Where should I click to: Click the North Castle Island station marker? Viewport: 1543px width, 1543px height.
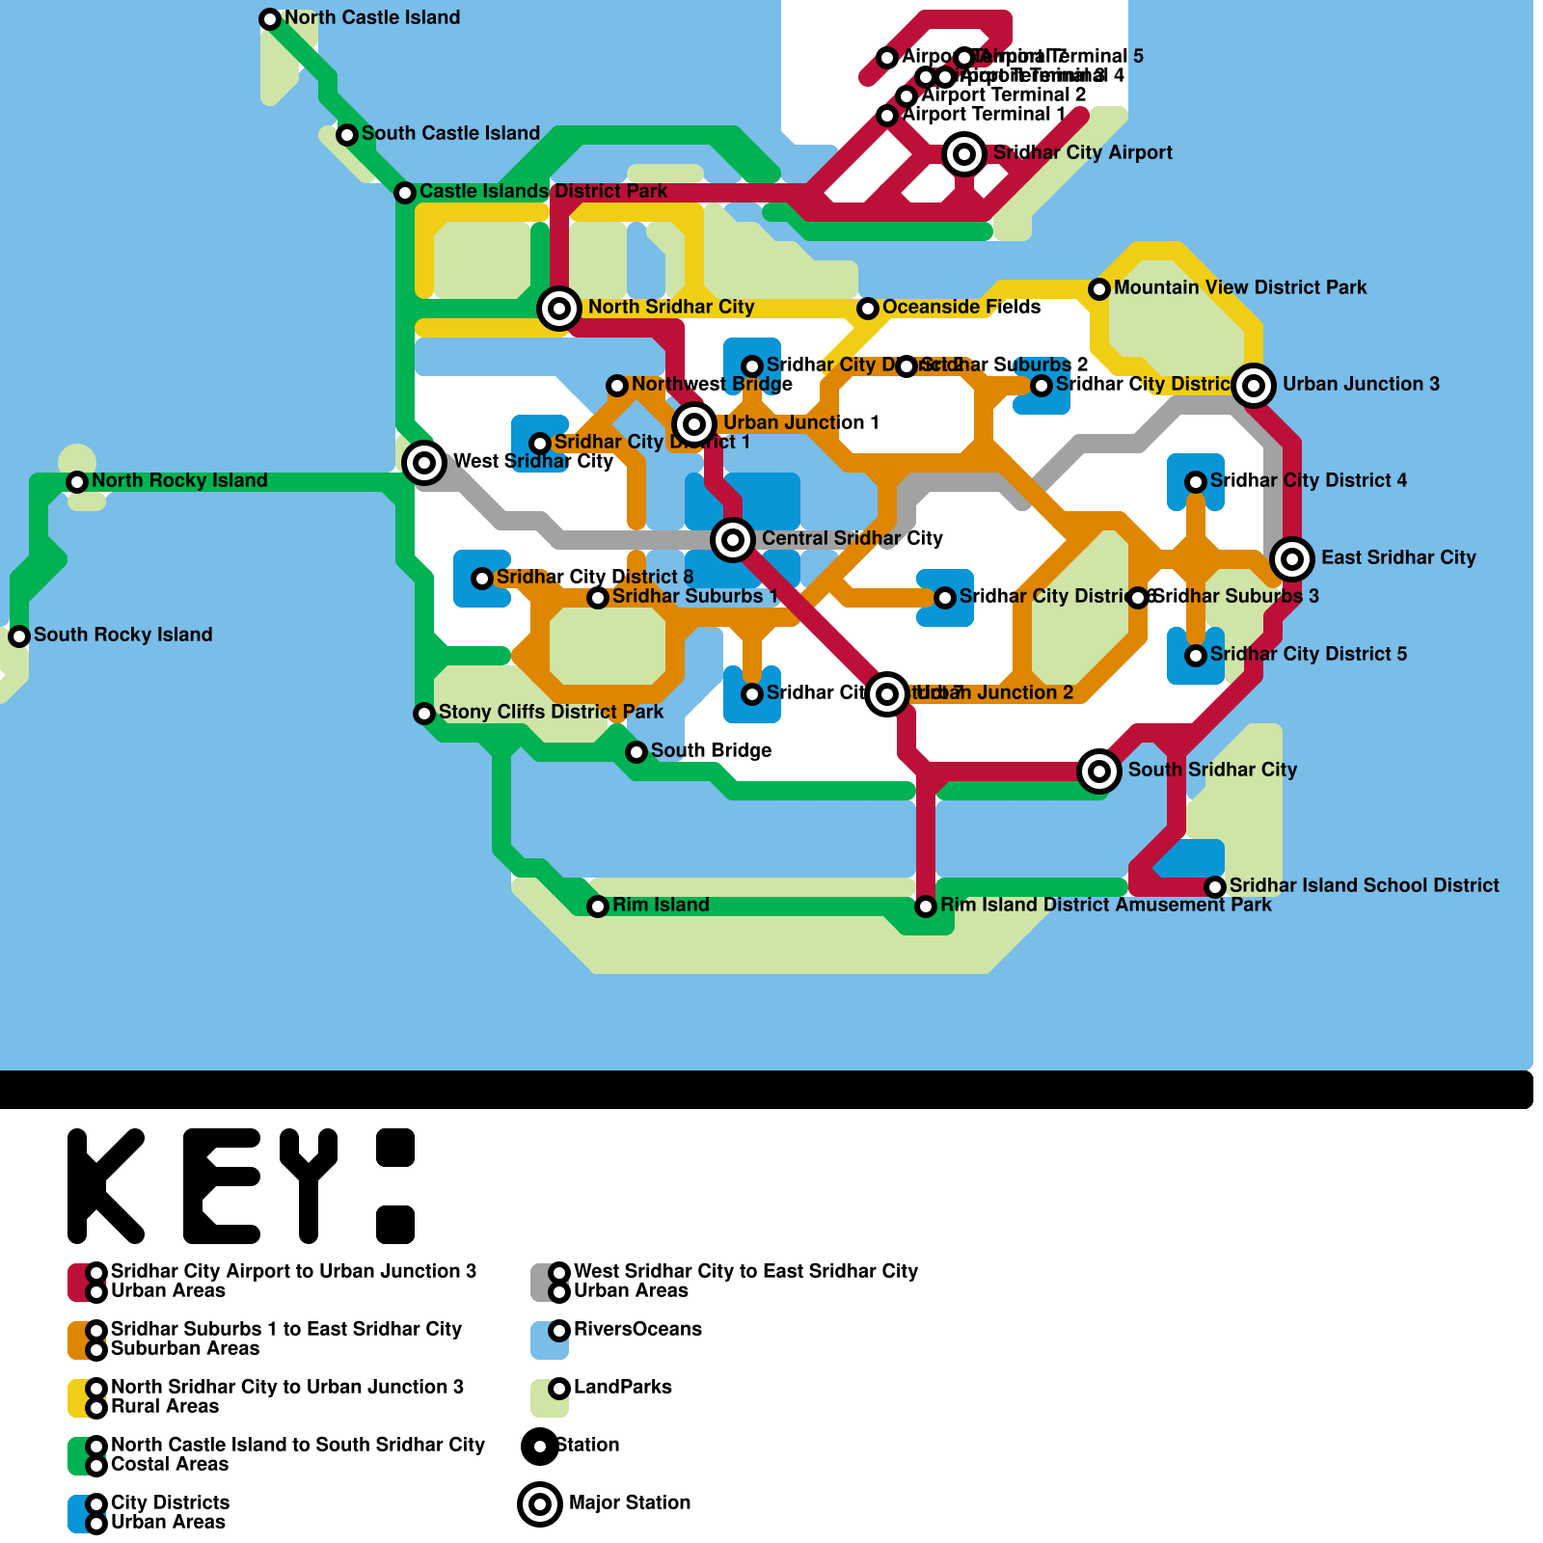(270, 19)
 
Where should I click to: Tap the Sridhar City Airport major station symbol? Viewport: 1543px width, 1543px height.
(964, 154)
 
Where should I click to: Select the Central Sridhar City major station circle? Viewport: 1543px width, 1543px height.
(733, 539)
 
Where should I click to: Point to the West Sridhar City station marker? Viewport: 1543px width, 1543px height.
(424, 463)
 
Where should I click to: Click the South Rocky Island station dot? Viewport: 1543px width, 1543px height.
(19, 636)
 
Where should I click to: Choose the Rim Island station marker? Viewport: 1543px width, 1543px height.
(598, 907)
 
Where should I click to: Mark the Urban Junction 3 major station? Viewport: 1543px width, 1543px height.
(1254, 386)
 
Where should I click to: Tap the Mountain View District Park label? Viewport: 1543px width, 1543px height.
(1240, 287)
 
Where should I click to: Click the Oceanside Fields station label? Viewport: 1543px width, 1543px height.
(961, 307)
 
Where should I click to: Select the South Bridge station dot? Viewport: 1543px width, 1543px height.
(636, 752)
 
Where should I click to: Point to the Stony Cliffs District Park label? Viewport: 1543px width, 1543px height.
(551, 712)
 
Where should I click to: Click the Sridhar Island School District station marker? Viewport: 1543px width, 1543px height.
(1215, 887)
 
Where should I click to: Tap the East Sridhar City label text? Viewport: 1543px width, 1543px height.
(1398, 557)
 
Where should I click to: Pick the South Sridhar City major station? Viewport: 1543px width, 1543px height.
(1099, 771)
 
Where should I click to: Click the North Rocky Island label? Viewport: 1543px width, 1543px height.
(179, 480)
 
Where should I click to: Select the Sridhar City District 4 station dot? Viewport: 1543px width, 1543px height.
(1196, 482)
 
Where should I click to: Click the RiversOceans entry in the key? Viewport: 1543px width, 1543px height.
(637, 1329)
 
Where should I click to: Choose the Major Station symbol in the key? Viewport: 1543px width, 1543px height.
(540, 1504)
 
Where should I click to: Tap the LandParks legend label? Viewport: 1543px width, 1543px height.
(622, 1387)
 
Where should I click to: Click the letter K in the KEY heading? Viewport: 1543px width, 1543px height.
(106, 1186)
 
